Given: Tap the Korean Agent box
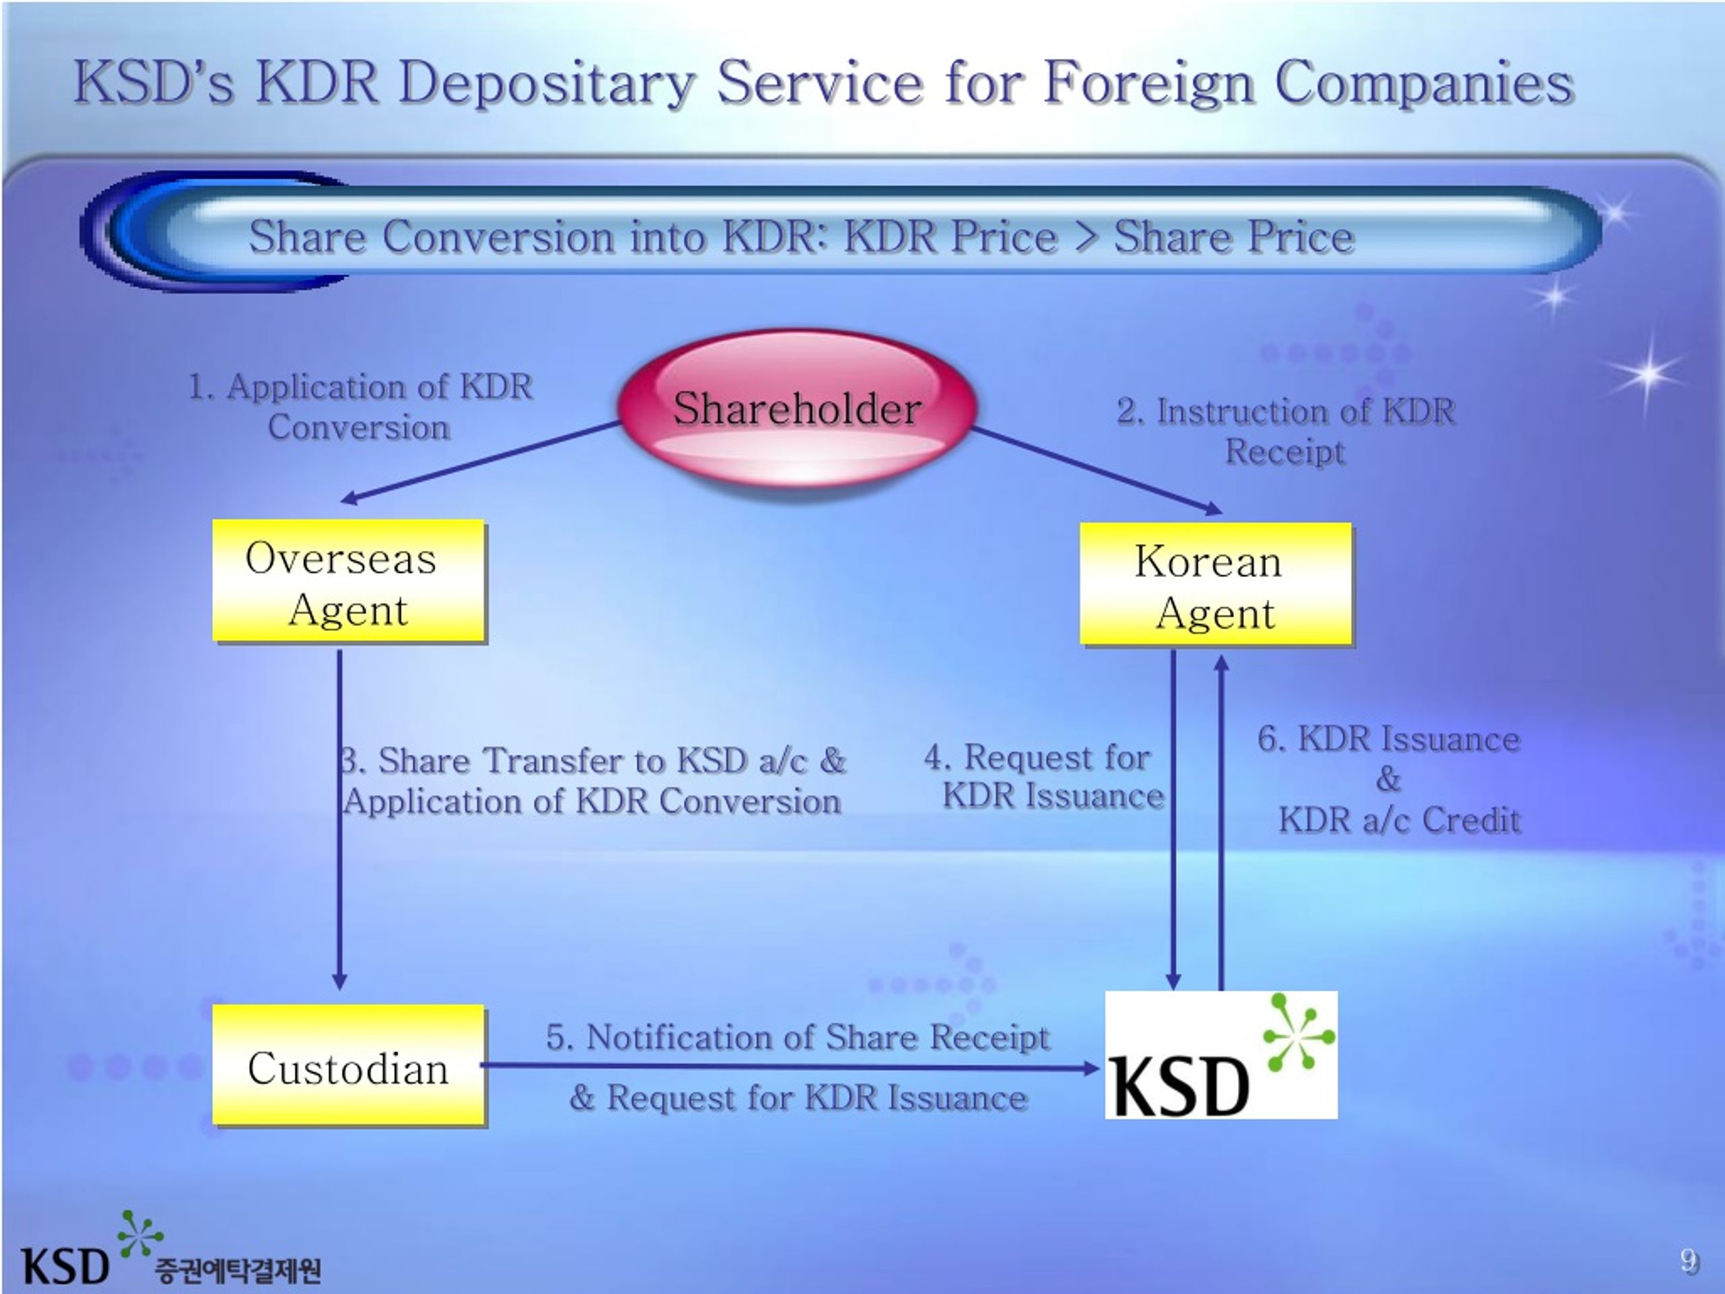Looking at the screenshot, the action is (1215, 584).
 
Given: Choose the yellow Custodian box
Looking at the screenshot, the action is (348, 1066).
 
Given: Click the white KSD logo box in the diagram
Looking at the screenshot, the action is (1221, 1055).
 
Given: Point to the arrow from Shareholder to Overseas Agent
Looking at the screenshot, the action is (481, 462).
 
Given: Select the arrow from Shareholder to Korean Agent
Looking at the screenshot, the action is (1097, 470).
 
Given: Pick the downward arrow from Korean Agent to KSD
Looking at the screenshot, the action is (1173, 820).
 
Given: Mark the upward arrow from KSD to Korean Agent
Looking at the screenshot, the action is (1221, 823).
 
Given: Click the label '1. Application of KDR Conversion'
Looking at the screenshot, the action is (360, 407).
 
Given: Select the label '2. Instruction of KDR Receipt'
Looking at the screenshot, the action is (1286, 431).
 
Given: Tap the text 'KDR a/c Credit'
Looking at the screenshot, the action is (1400, 820).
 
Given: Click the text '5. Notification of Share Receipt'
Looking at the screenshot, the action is (798, 1037).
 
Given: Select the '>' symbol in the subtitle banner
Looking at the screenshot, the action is (1086, 237).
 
